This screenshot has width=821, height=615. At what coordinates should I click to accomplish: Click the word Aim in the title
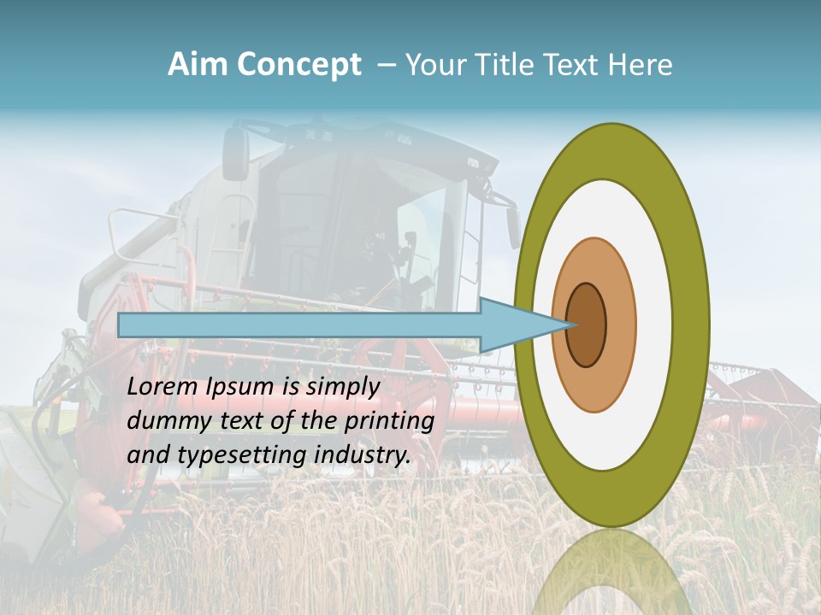pyautogui.click(x=198, y=65)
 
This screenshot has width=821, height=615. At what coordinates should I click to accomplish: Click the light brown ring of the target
pyautogui.click(x=620, y=325)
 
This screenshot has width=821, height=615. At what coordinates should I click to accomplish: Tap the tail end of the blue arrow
pyautogui.click(x=122, y=325)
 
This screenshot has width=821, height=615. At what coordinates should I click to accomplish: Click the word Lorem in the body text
pyautogui.click(x=162, y=386)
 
